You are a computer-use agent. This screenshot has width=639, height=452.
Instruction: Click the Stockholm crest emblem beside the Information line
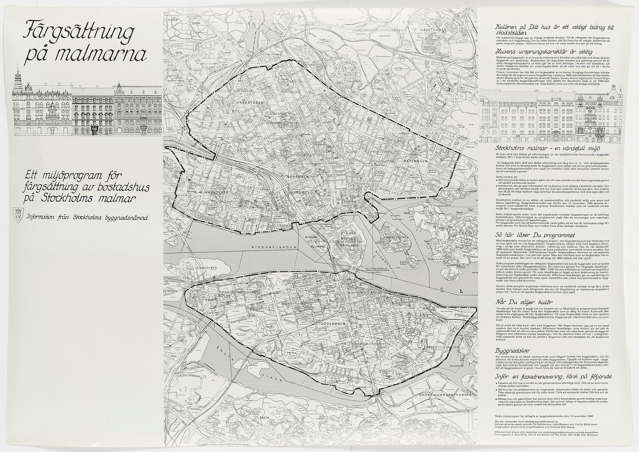point(17,212)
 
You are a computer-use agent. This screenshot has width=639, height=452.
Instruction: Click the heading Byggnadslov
point(509,349)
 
